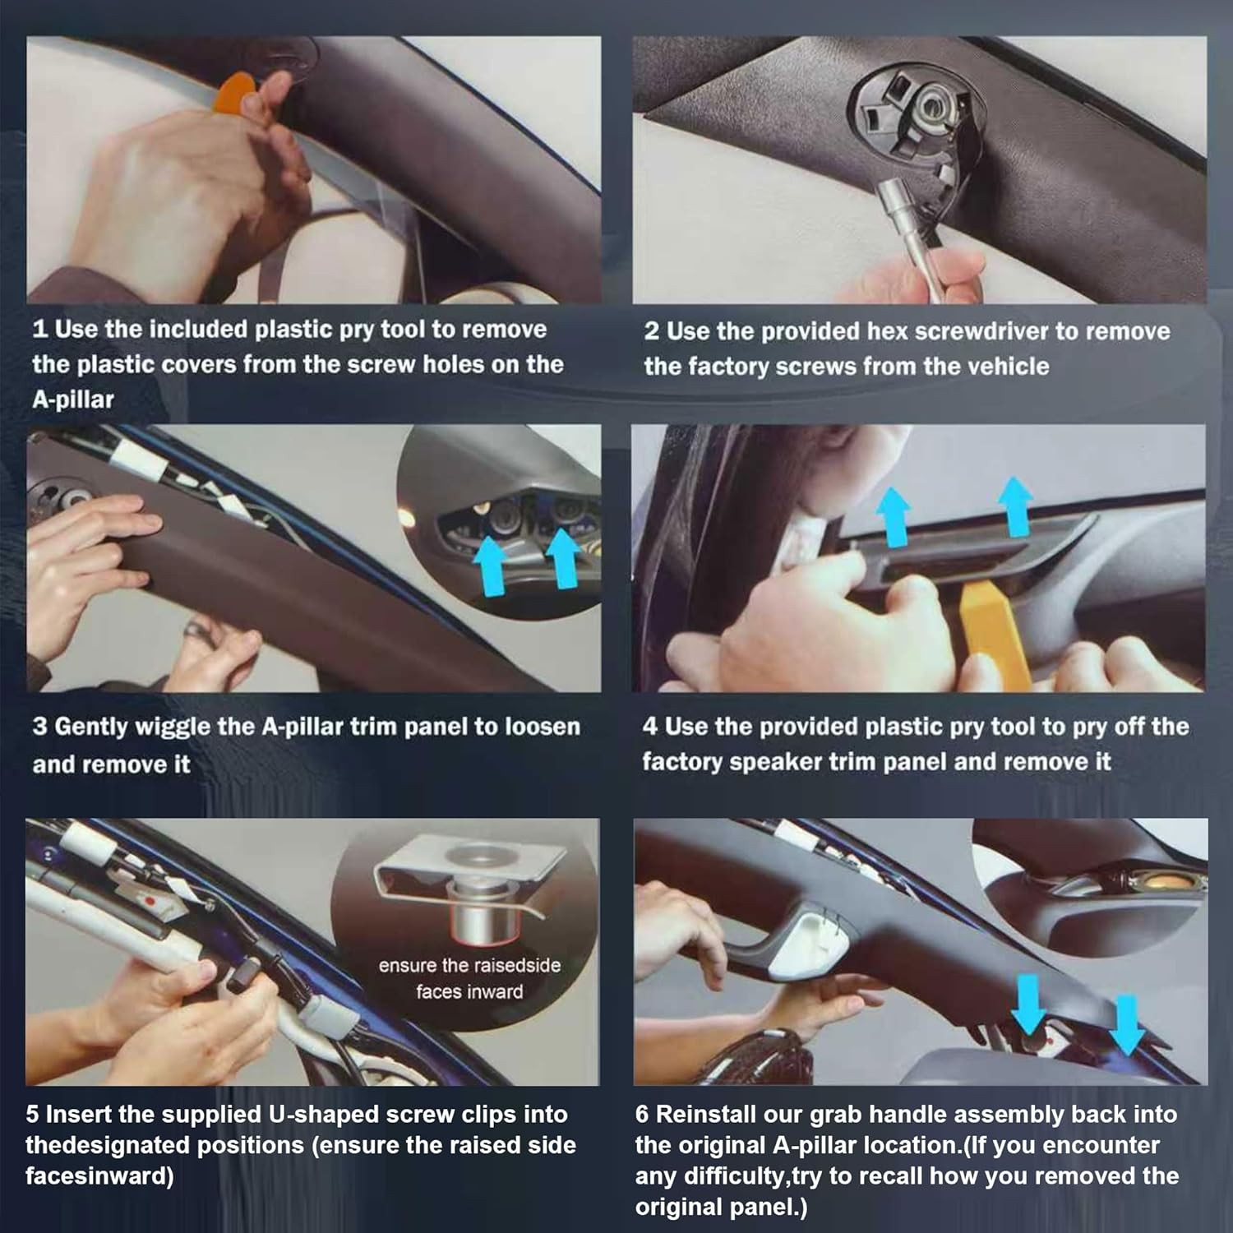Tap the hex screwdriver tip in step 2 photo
(889, 194)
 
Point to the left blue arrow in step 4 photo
(894, 516)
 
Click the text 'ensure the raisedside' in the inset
(469, 966)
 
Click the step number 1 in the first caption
(39, 330)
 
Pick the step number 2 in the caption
(652, 331)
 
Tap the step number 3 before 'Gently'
(39, 727)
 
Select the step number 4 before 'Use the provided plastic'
(650, 727)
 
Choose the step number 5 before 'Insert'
(32, 1115)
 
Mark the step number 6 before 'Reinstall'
(642, 1115)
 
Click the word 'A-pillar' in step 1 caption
(73, 400)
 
